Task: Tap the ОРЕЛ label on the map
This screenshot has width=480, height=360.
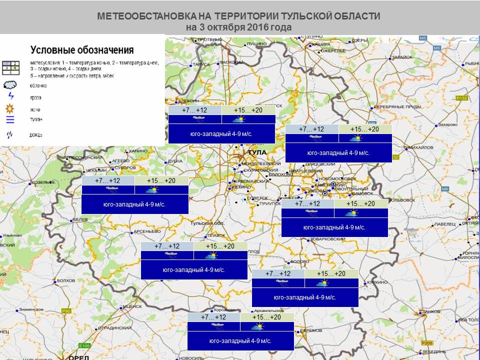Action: [x=78, y=357]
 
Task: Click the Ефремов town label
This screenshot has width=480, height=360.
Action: [x=311, y=330]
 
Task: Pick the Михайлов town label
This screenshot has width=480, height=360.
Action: [x=420, y=147]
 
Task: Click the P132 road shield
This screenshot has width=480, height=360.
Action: [x=462, y=98]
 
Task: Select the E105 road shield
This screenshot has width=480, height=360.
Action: [x=84, y=345]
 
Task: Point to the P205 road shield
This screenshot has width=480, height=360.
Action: [x=426, y=343]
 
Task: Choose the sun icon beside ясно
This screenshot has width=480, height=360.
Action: [x=10, y=109]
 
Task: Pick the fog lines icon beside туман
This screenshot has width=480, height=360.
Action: [x=10, y=119]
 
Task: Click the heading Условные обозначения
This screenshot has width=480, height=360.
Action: [x=82, y=50]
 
